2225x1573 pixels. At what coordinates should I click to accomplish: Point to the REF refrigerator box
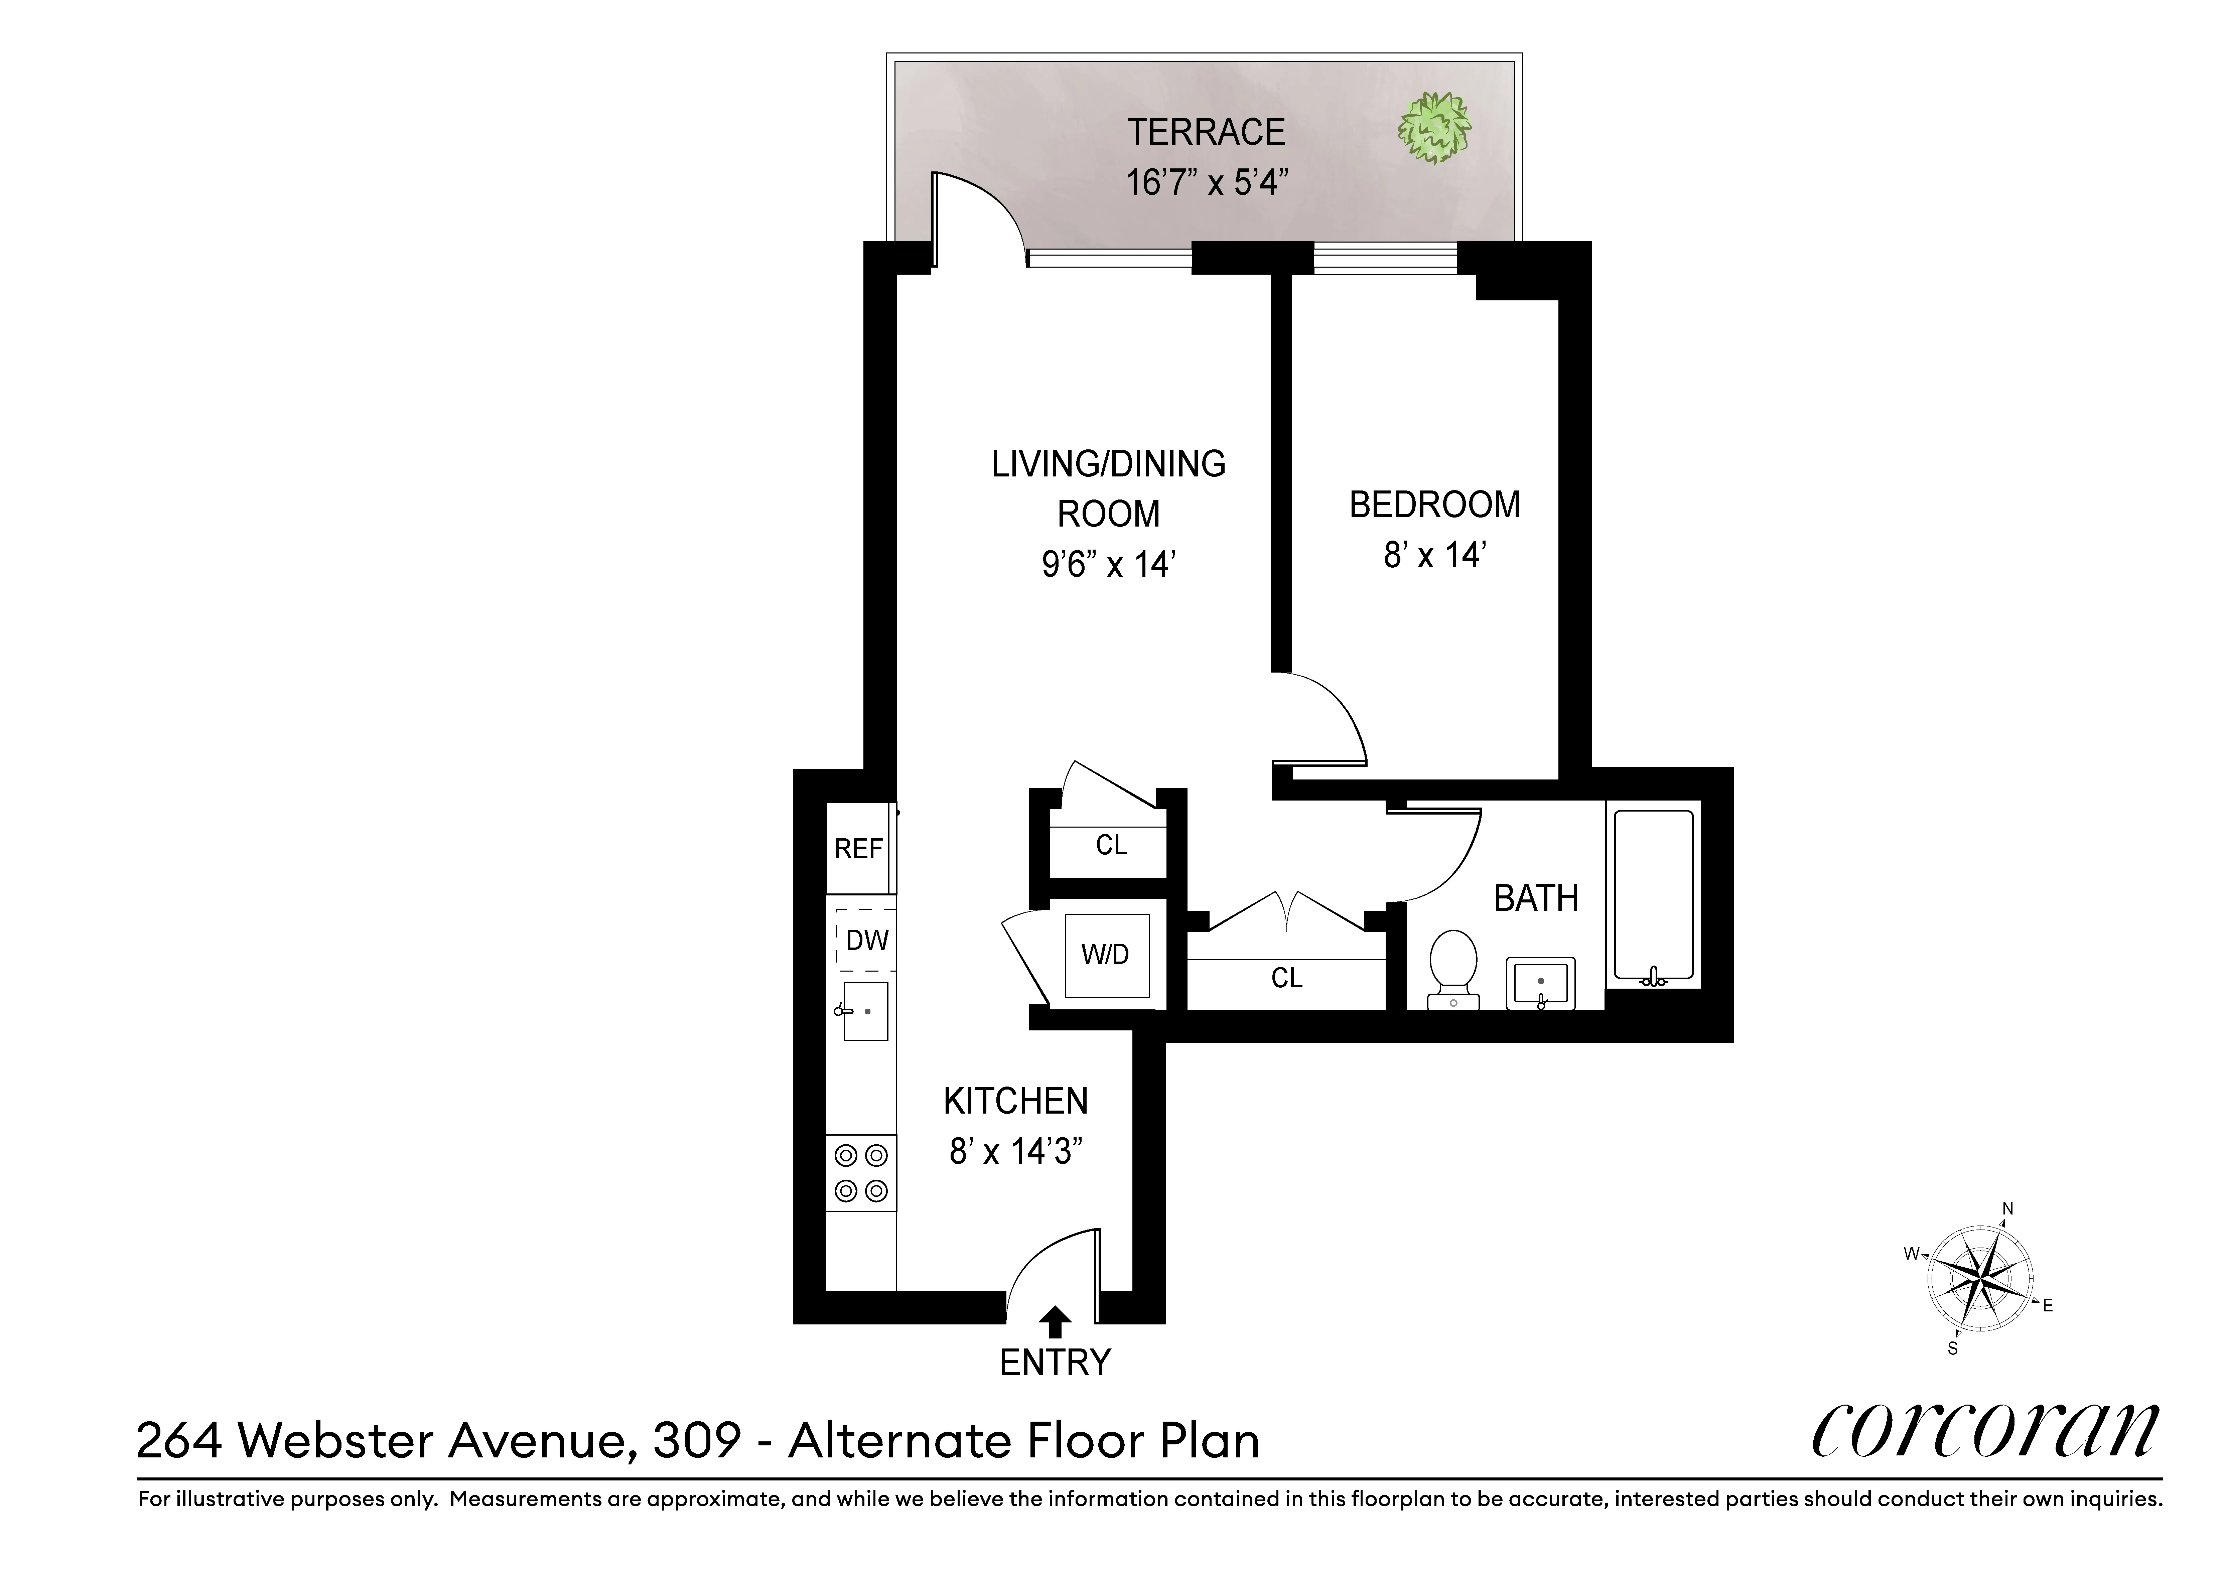coord(859,849)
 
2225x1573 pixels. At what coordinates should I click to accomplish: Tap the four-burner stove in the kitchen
coord(860,1173)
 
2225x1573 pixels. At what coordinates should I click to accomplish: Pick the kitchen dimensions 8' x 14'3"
coord(1015,1151)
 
